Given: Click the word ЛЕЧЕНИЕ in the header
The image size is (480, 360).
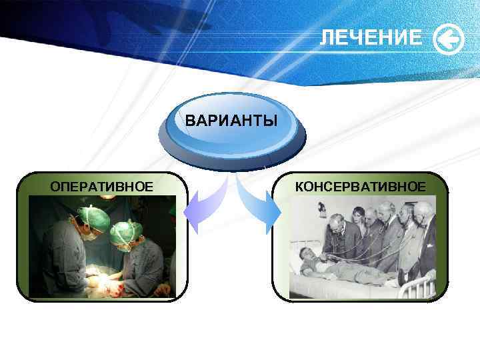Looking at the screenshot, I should click(x=370, y=39).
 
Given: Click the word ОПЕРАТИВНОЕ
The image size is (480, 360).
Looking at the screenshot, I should click(x=102, y=185).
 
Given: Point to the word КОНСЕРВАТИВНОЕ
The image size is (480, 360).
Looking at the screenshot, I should click(x=360, y=185).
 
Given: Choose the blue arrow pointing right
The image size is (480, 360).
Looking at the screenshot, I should click(x=261, y=207).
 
